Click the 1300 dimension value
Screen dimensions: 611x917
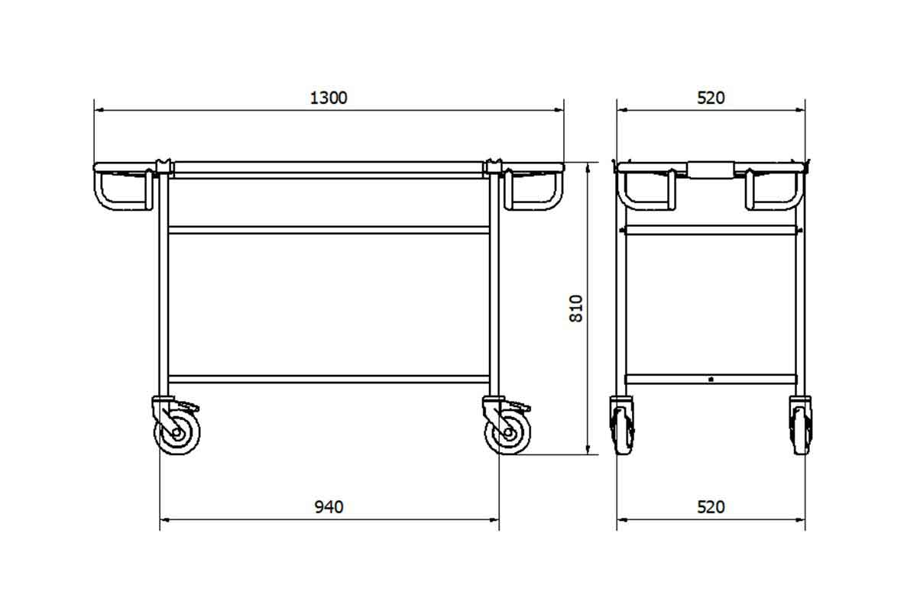click(329, 98)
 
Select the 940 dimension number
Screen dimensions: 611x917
click(329, 507)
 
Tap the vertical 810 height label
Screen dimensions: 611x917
click(577, 308)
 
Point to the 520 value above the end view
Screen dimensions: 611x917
click(711, 98)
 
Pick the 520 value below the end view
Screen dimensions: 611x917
click(711, 507)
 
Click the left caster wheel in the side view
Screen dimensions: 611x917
click(177, 432)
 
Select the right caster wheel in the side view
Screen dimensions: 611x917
click(507, 433)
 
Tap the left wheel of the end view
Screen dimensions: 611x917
click(622, 427)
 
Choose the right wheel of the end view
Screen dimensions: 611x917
click(800, 427)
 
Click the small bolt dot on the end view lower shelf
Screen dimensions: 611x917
click(711, 378)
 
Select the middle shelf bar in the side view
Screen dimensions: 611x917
click(329, 229)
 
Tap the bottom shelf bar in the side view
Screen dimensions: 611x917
click(329, 379)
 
